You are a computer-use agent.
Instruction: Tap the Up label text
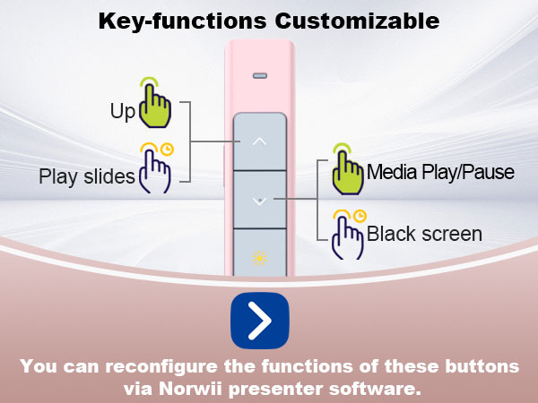click(x=123, y=112)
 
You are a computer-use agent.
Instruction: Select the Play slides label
click(x=87, y=176)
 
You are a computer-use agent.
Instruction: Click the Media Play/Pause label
click(x=440, y=172)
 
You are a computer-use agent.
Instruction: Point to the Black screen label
click(x=424, y=235)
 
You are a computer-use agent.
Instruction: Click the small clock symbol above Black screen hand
click(x=360, y=216)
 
